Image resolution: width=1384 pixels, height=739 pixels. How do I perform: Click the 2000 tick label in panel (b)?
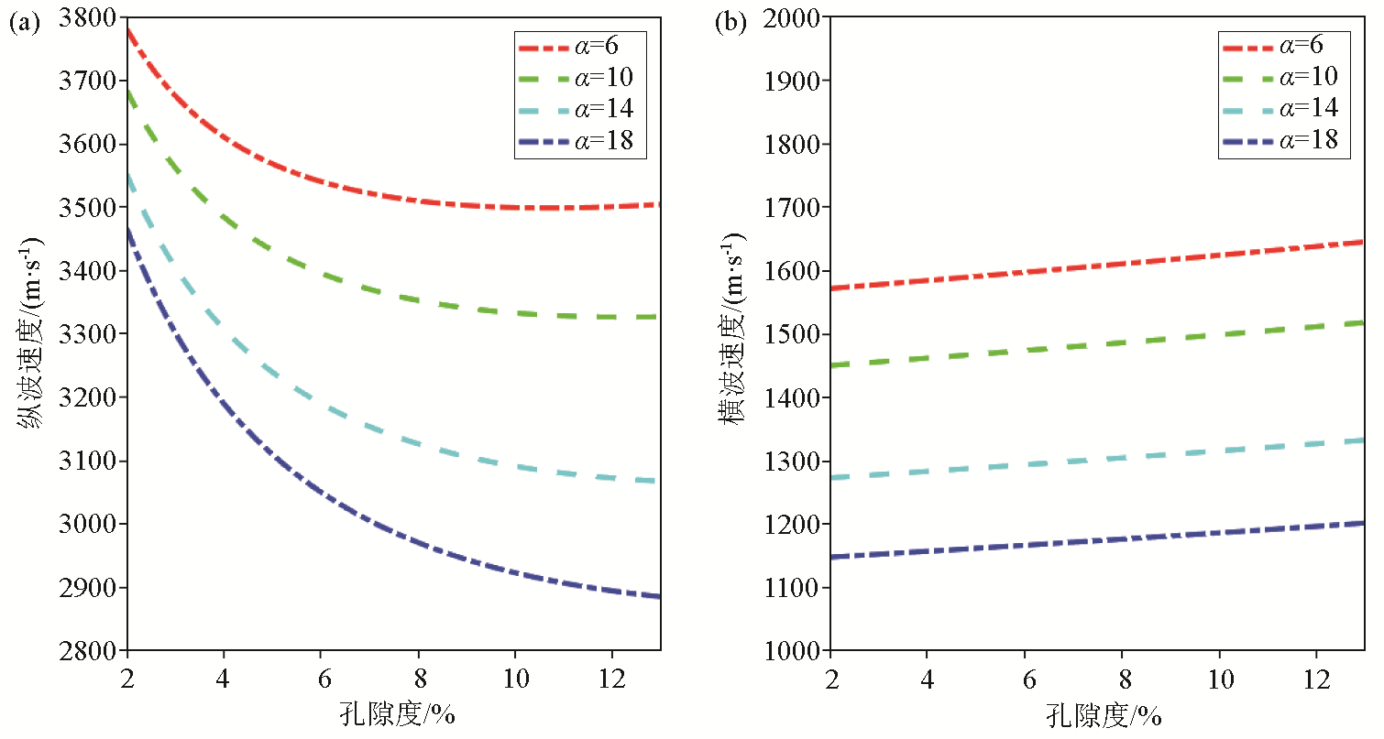click(x=798, y=18)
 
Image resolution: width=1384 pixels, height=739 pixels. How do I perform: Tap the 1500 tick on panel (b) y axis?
click(x=798, y=334)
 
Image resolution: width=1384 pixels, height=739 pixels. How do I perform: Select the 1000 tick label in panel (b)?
click(x=798, y=651)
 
